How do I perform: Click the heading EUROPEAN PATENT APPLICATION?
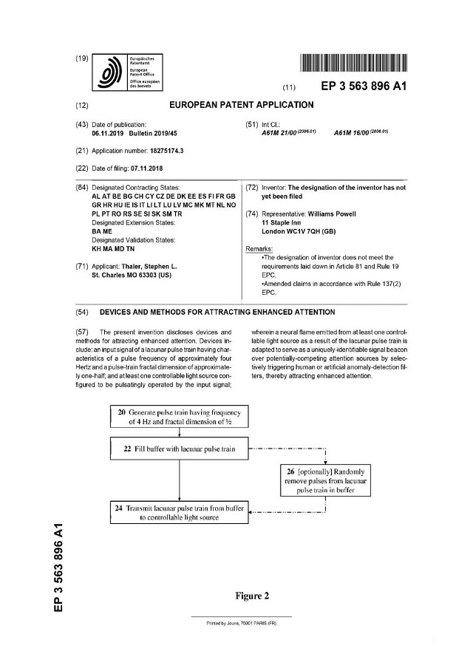[x=242, y=105]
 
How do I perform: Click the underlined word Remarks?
[x=259, y=249]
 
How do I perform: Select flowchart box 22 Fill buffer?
[x=180, y=448]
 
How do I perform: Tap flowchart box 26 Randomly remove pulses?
[x=326, y=480]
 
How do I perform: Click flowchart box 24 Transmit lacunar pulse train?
[x=180, y=512]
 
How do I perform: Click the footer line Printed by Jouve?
[x=241, y=624]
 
